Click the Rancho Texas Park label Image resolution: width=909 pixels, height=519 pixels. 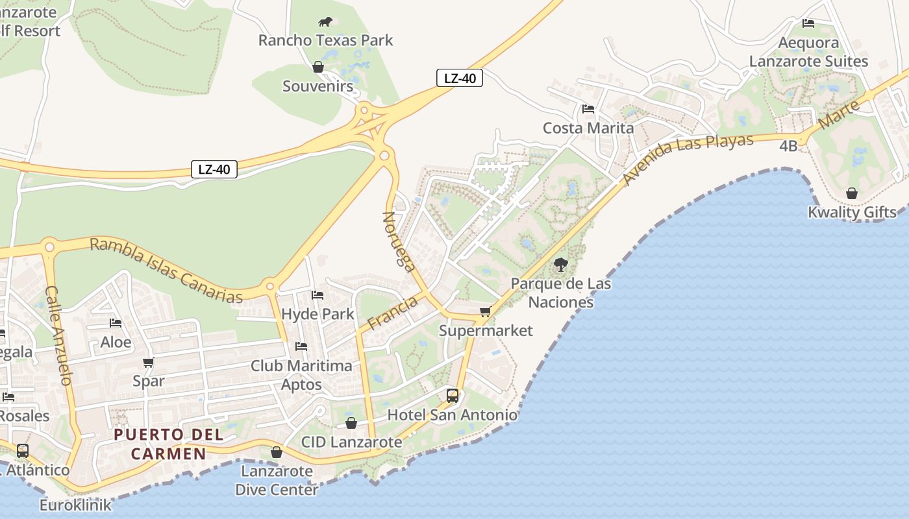325,40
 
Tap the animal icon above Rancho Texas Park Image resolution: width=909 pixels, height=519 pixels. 325,22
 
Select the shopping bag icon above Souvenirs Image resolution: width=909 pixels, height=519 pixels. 318,67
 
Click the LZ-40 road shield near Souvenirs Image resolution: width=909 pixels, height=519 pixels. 459,78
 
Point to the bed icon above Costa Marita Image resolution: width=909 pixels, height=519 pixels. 588,109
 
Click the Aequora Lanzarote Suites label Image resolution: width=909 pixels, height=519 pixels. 808,52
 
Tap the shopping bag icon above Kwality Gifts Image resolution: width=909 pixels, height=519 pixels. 852,193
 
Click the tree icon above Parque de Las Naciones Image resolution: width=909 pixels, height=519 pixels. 561,265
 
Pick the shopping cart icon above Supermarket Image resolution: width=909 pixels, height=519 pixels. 485,312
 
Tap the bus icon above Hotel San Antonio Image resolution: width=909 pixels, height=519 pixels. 453,396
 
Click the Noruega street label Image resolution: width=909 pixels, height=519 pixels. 399,241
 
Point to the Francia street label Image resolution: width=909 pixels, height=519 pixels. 392,312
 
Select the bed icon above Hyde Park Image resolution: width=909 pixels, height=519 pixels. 318,295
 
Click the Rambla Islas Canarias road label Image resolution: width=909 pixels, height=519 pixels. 166,270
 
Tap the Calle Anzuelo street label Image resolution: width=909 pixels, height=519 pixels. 58,335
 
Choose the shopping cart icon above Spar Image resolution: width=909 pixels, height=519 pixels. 149,363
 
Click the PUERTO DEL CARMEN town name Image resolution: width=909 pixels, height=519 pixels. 169,444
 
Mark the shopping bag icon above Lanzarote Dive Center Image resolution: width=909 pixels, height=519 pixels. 277,452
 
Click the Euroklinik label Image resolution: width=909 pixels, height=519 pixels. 75,505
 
